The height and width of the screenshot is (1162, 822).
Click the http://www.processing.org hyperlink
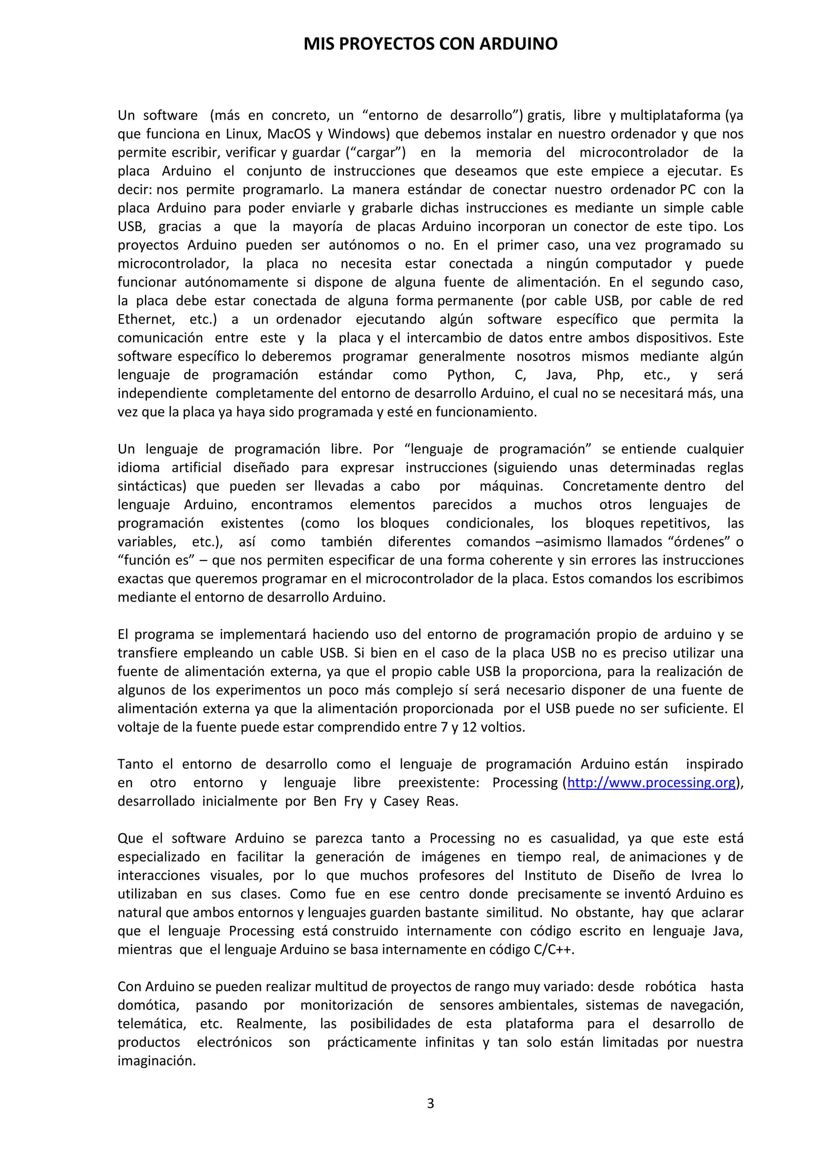click(651, 782)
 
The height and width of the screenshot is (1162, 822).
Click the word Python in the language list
click(471, 375)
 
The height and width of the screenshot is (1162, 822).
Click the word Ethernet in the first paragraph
click(146, 319)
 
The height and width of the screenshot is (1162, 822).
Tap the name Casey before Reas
click(401, 801)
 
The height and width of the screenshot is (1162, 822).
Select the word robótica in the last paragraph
click(670, 986)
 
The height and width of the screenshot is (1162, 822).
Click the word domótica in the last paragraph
click(148, 1005)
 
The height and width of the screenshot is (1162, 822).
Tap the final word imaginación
click(157, 1061)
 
